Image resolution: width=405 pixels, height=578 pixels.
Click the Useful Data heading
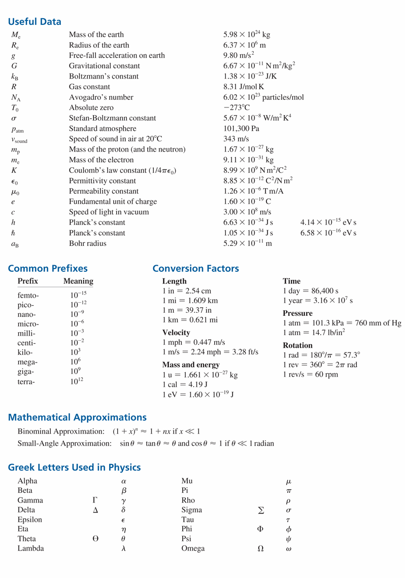click(35, 22)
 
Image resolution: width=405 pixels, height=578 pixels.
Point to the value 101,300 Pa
click(241, 129)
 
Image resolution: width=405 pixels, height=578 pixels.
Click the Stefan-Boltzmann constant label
click(112, 118)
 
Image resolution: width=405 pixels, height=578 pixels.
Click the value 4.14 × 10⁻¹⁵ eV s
click(328, 223)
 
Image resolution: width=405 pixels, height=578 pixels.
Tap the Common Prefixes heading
click(48, 269)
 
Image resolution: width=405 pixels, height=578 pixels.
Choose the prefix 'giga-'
click(26, 371)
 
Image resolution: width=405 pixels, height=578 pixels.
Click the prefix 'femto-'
click(28, 295)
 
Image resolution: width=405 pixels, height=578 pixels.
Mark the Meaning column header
click(78, 281)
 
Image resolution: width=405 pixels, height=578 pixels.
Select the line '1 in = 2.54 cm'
click(186, 291)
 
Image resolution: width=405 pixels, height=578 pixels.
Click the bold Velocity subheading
click(176, 333)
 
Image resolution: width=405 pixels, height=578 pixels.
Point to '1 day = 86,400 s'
click(310, 291)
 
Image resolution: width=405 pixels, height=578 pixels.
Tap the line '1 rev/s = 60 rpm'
click(310, 375)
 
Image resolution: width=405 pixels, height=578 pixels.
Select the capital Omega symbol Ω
click(260, 549)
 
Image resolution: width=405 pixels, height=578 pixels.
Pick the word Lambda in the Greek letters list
click(30, 549)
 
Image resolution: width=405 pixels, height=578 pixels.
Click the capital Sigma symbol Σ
click(260, 510)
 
